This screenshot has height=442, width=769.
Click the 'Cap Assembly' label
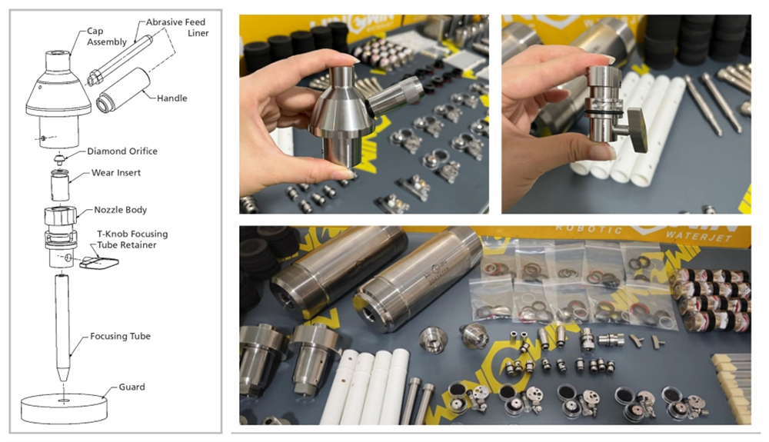tap(107, 36)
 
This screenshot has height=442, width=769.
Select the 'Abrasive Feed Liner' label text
tap(177, 28)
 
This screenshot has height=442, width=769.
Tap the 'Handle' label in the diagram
tap(171, 98)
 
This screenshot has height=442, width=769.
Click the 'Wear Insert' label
tap(116, 173)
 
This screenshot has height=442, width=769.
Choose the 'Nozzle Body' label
tap(121, 209)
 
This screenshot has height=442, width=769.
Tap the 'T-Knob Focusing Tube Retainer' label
tap(132, 239)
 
